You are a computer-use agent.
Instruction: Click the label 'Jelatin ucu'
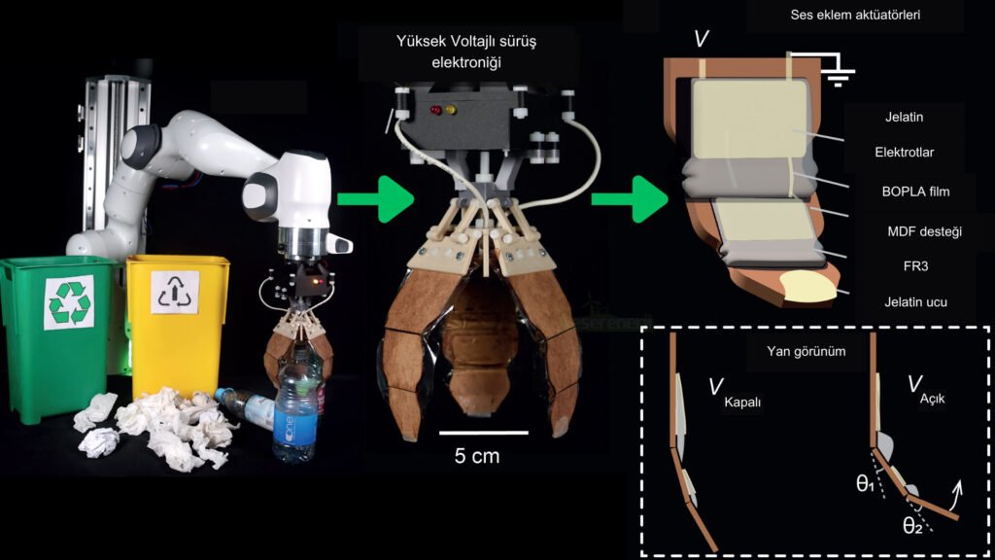pyautogui.click(x=909, y=302)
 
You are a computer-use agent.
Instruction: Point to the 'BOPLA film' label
pyautogui.click(x=909, y=192)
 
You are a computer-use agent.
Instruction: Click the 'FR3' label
pyautogui.click(x=909, y=264)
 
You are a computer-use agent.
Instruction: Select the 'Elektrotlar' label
pyautogui.click(x=909, y=152)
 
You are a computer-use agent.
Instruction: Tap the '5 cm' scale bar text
pyautogui.click(x=478, y=455)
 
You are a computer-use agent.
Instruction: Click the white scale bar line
pyautogui.click(x=483, y=432)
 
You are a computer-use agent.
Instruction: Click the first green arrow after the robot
pyautogui.click(x=375, y=199)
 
